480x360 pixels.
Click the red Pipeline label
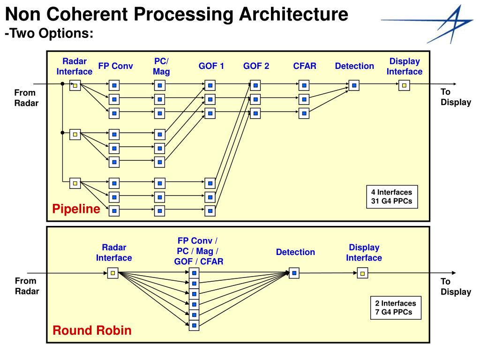pyautogui.click(x=76, y=209)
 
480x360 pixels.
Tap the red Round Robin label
pyautogui.click(x=92, y=330)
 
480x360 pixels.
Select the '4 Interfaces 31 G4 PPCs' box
pyautogui.click(x=392, y=197)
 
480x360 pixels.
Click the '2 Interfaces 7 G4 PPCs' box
pyautogui.click(x=396, y=307)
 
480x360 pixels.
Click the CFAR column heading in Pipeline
pyautogui.click(x=305, y=66)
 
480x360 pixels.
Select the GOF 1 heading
pyautogui.click(x=211, y=66)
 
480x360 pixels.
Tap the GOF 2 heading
pyautogui.click(x=256, y=66)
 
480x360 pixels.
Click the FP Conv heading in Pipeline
pyautogui.click(x=115, y=66)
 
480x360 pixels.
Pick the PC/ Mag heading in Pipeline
pyautogui.click(x=161, y=66)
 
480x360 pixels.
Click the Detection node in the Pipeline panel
pyautogui.click(x=354, y=85)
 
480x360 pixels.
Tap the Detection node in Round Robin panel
pyautogui.click(x=294, y=273)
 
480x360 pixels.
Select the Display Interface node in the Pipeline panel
pyautogui.click(x=404, y=85)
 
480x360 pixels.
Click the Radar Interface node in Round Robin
pyautogui.click(x=112, y=273)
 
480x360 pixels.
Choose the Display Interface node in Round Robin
pyautogui.click(x=362, y=273)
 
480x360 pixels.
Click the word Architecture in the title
pyautogui.click(x=293, y=14)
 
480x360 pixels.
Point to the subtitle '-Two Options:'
pyautogui.click(x=49, y=33)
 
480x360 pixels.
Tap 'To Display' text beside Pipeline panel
pyautogui.click(x=456, y=97)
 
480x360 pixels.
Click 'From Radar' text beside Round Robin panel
pyautogui.click(x=27, y=286)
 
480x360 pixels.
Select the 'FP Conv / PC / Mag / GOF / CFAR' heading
pyautogui.click(x=198, y=251)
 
